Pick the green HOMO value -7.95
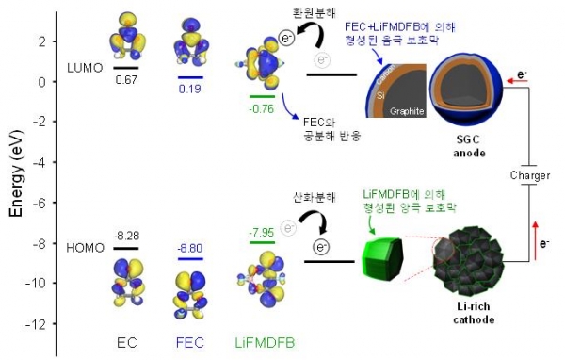[261, 232]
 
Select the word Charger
[529, 174]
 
